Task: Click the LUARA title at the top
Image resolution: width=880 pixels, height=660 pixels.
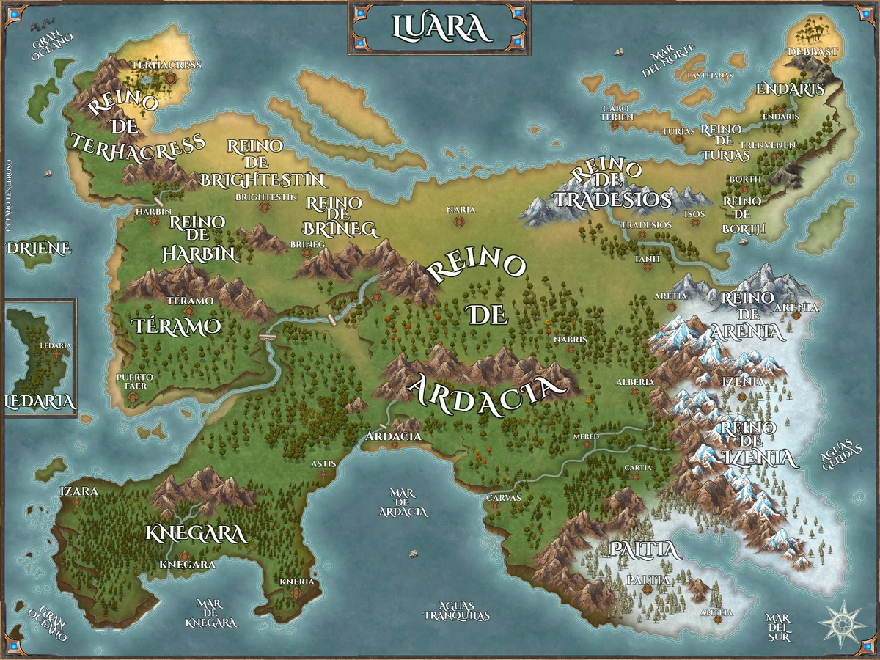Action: pyautogui.click(x=439, y=27)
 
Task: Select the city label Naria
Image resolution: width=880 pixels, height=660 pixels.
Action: pyautogui.click(x=461, y=210)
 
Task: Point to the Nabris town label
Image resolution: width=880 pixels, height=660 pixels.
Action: pyautogui.click(x=570, y=339)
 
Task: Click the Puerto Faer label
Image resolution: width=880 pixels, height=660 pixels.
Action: pyautogui.click(x=135, y=381)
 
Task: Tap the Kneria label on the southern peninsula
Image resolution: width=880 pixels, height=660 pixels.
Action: pyautogui.click(x=297, y=582)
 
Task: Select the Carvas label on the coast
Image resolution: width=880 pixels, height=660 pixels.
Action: pyautogui.click(x=503, y=497)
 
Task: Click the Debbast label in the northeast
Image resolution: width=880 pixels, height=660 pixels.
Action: pyautogui.click(x=811, y=52)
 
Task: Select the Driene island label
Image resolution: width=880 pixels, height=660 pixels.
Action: pyautogui.click(x=39, y=248)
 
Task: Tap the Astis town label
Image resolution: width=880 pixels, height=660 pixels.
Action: pyautogui.click(x=323, y=463)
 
